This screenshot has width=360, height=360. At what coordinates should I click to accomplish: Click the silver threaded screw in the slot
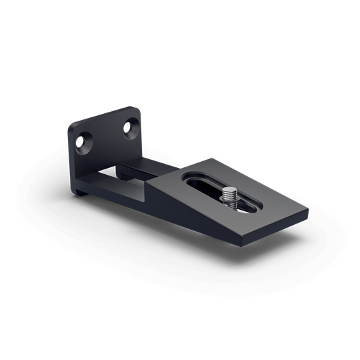click(x=230, y=198)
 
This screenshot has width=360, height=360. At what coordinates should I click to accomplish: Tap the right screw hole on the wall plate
click(x=130, y=127)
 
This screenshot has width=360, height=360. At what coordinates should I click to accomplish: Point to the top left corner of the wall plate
click(x=72, y=126)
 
